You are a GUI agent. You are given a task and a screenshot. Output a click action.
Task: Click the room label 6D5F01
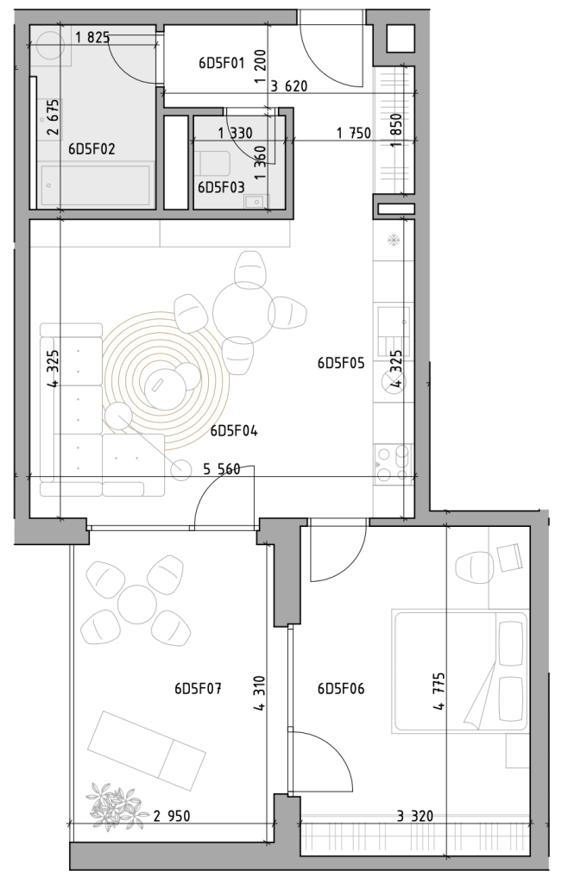tap(222, 62)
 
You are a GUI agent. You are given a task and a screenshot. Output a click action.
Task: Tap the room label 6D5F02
tap(92, 148)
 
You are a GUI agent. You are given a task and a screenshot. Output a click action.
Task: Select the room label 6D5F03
tap(221, 187)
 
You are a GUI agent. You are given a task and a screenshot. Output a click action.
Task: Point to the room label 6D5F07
tap(198, 688)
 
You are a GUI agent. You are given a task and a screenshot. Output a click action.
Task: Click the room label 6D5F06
tap(341, 688)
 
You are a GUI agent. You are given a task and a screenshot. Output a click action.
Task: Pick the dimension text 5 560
tap(222, 468)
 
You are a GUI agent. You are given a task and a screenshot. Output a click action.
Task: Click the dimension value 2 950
tap(171, 816)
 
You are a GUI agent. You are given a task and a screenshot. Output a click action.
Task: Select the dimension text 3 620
tap(289, 86)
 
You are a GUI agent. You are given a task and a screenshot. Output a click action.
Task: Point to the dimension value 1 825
tap(92, 38)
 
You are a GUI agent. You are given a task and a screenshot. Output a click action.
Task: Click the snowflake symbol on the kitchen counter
tap(394, 241)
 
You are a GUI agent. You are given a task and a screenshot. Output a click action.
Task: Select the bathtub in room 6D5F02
tap(95, 184)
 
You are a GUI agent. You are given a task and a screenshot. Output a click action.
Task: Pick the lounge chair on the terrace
tap(147, 749)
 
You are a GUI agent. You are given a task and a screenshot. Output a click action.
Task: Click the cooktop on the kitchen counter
tap(393, 463)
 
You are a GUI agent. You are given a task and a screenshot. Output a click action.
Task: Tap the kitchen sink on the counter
tap(393, 329)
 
